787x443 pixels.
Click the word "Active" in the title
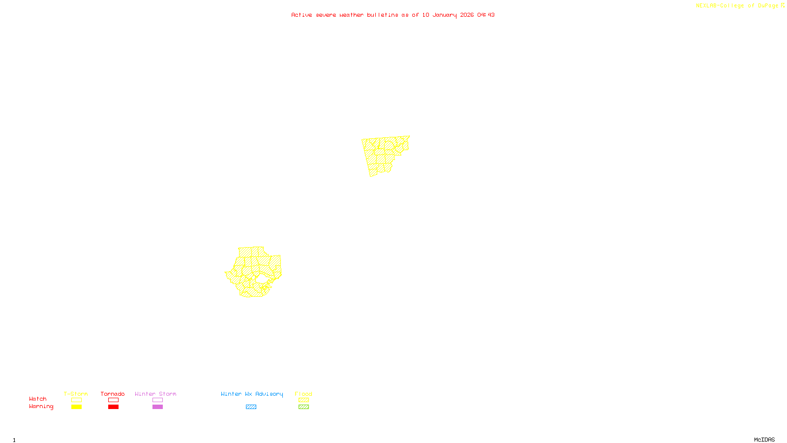302,15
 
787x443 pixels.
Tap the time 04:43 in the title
486,15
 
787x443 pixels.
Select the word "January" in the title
445,15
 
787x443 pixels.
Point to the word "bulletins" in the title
383,15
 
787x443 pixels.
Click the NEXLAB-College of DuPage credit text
737,5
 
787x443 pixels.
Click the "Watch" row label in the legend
38,399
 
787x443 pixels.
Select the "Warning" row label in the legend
41,407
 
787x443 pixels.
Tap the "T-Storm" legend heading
76,394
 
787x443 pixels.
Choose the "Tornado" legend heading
113,394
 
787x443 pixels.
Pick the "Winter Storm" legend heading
155,394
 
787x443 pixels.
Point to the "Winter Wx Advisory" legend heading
252,394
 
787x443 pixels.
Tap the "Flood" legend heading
303,394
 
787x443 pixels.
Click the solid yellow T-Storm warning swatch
76,407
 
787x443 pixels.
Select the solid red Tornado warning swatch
114,407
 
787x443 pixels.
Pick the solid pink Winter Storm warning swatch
157,407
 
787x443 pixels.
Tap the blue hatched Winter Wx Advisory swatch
251,407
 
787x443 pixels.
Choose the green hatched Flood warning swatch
304,407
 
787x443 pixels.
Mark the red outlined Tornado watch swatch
114,400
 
